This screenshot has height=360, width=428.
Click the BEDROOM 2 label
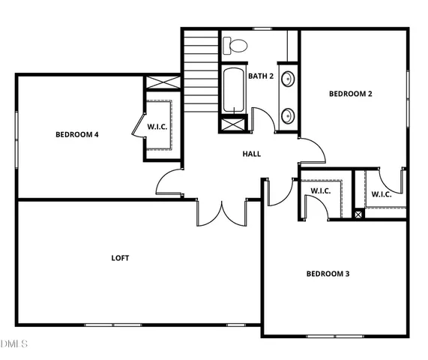(350, 94)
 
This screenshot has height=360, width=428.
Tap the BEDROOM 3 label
(328, 274)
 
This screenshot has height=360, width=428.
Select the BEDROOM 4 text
(77, 135)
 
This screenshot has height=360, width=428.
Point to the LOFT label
(120, 258)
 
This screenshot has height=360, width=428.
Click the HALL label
(252, 154)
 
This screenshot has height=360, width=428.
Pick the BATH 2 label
(260, 76)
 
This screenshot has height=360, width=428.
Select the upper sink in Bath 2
(287, 79)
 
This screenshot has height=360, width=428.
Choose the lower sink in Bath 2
(287, 115)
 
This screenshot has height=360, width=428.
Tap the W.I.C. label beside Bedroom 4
(157, 126)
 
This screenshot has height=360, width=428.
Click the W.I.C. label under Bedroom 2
(382, 194)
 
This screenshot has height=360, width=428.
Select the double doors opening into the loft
(222, 212)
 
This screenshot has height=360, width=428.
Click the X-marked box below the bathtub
(232, 124)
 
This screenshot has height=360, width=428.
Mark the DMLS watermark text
(14, 344)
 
